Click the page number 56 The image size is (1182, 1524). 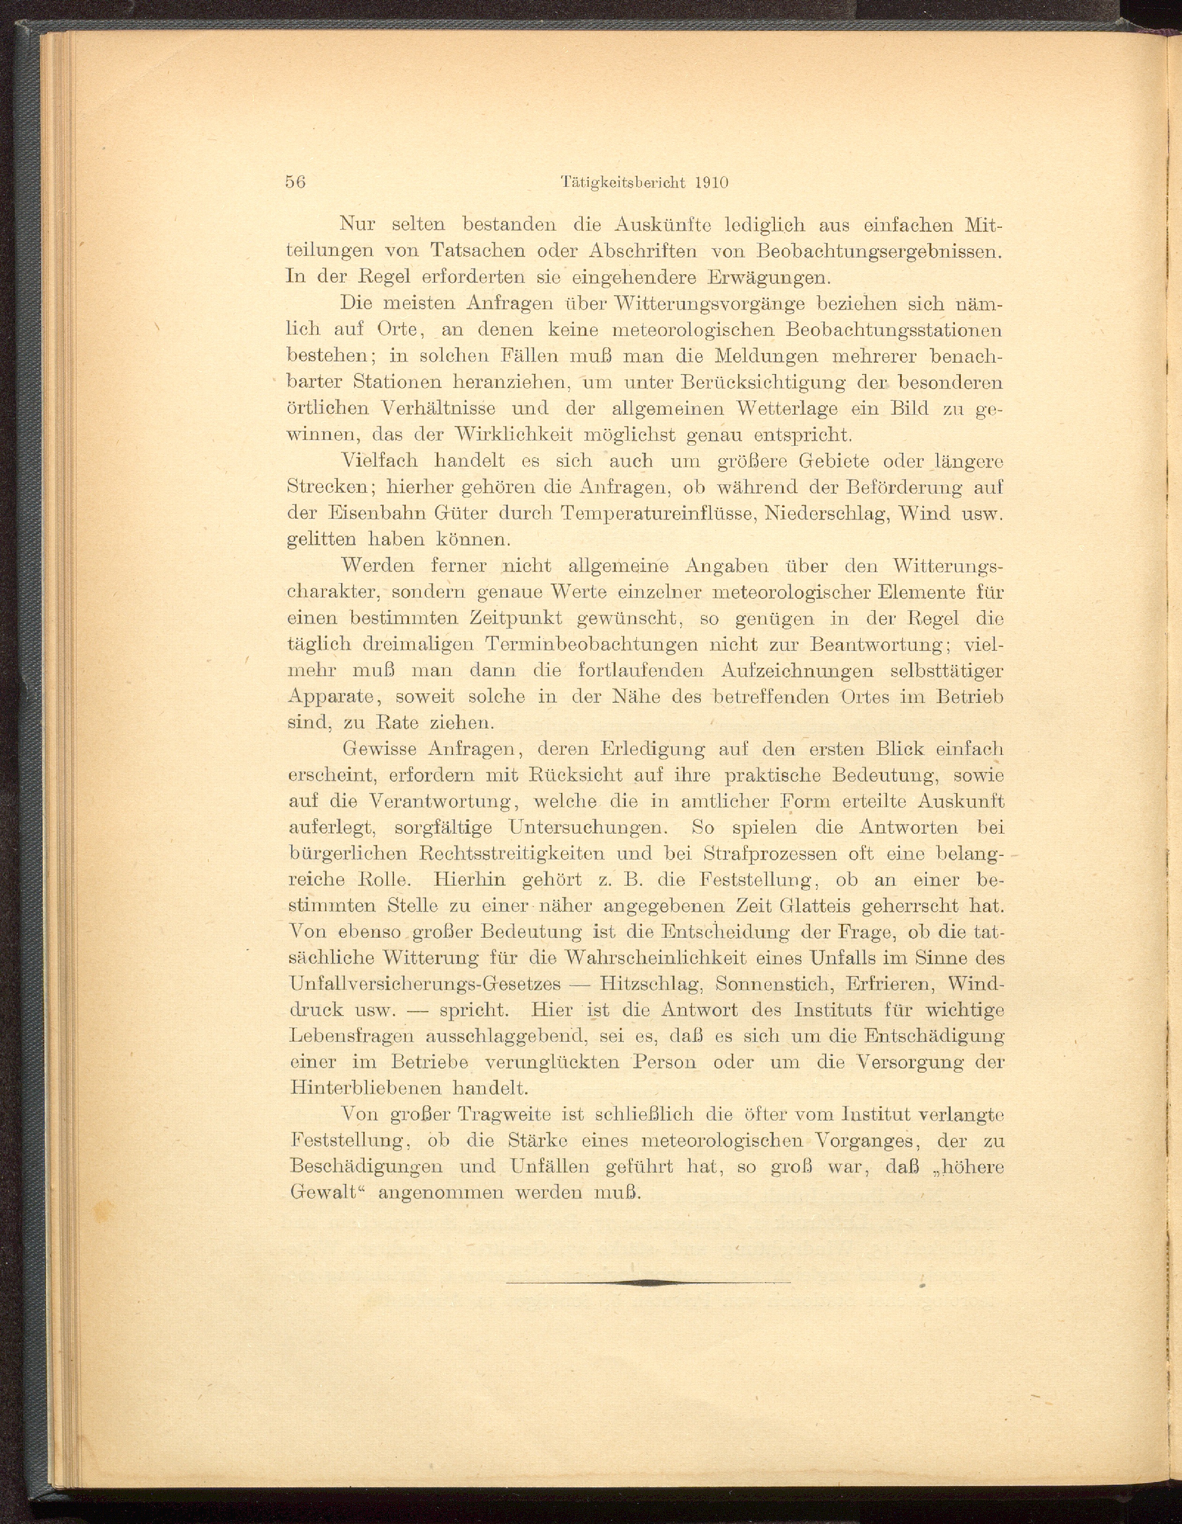pos(296,182)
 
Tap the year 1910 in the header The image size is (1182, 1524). pos(712,182)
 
